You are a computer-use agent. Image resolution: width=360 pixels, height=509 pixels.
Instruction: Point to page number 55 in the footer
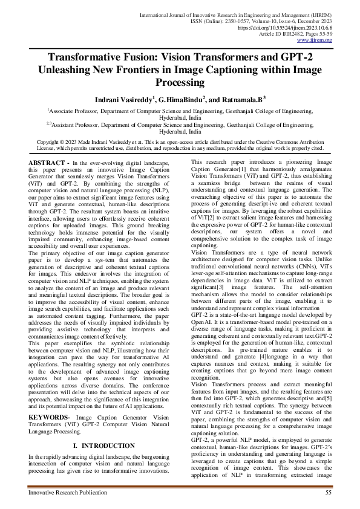[x=329, y=493]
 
